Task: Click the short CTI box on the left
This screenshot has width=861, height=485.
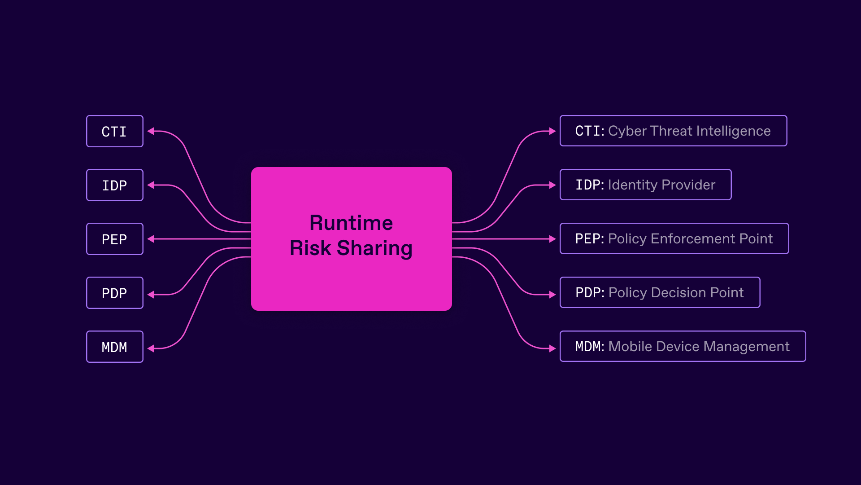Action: click(114, 131)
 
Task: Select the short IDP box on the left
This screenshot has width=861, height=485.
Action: click(114, 185)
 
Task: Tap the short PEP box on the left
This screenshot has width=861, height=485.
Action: click(114, 239)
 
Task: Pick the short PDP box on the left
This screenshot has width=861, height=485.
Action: click(114, 293)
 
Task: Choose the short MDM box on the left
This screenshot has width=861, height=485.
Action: click(114, 347)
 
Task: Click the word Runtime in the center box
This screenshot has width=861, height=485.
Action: click(351, 223)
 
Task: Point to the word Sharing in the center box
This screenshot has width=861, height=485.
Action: click(374, 248)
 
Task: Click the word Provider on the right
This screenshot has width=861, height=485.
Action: click(688, 185)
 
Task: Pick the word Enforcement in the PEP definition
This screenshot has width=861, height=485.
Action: click(693, 239)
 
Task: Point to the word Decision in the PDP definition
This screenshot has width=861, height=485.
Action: click(678, 293)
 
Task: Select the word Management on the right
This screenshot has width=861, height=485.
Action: click(746, 347)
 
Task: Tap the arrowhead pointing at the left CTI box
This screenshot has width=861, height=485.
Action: click(151, 131)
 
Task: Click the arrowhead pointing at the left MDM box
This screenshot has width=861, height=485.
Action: click(151, 348)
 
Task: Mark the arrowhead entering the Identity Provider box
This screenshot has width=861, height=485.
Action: click(552, 185)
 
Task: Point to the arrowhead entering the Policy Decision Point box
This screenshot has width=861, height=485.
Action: click(552, 295)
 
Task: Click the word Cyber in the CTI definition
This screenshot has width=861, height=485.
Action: click(627, 131)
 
